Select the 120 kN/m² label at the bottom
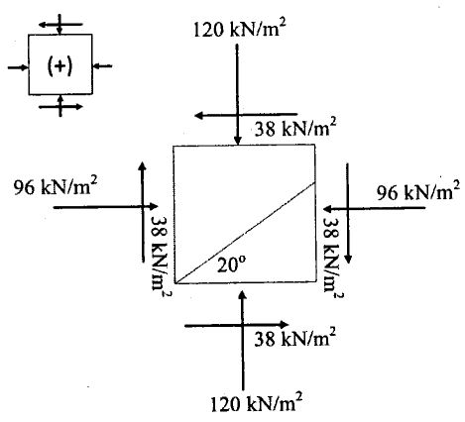[256, 402]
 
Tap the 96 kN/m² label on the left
[61, 186]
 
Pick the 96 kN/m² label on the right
[418, 190]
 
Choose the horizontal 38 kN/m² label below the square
[293, 339]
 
